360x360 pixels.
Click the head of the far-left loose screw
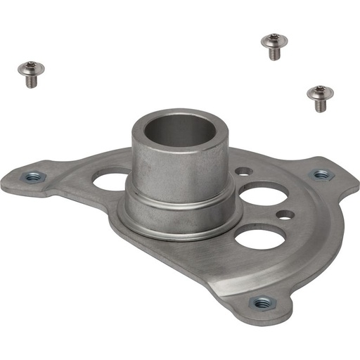click(30, 69)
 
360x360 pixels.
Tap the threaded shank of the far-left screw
click(31, 81)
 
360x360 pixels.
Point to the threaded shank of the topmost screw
click(273, 53)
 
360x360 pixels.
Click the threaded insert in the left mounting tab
click(32, 177)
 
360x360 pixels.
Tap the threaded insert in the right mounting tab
click(321, 174)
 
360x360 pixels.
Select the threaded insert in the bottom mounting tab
click(262, 302)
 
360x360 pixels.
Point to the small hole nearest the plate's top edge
click(243, 171)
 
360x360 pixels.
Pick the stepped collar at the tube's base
click(179, 204)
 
